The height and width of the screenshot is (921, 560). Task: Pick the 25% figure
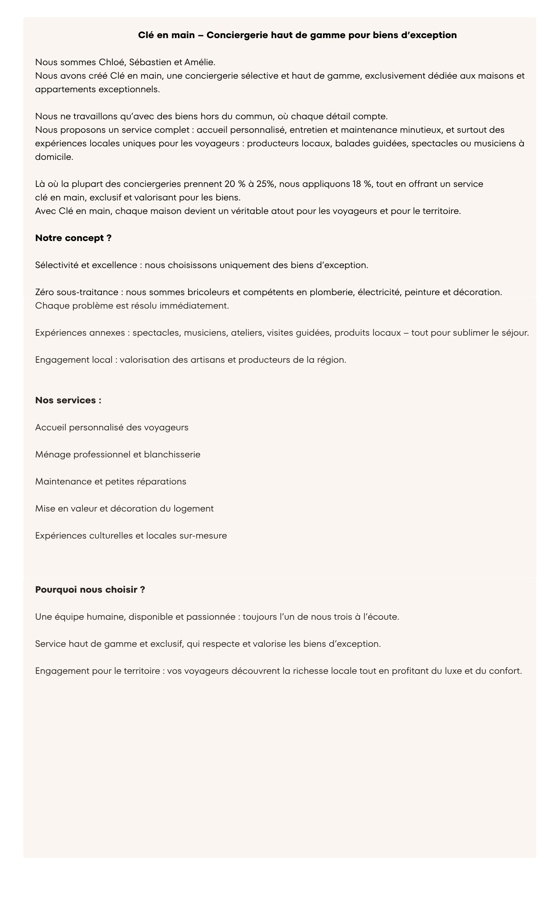(x=265, y=184)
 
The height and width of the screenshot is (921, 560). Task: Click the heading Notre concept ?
(x=73, y=238)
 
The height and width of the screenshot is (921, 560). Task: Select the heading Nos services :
(x=68, y=400)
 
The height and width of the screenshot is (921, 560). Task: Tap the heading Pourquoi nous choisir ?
(x=90, y=590)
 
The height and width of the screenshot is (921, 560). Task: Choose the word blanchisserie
(x=172, y=455)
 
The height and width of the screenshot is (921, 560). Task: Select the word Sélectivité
(x=57, y=265)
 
